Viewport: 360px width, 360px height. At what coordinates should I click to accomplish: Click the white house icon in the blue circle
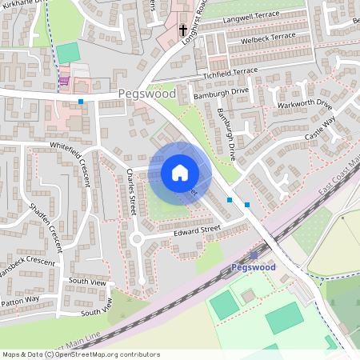[180, 172]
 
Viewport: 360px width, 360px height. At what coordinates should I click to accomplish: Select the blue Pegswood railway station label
[253, 267]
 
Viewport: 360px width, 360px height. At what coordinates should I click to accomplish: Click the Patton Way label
[19, 299]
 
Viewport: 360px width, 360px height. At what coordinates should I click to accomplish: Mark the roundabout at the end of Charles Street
[137, 238]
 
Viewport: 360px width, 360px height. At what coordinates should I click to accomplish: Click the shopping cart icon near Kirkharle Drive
[64, 82]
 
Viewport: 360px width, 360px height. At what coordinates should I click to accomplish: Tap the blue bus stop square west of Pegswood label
[81, 102]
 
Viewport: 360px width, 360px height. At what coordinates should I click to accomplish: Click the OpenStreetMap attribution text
[80, 354]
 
